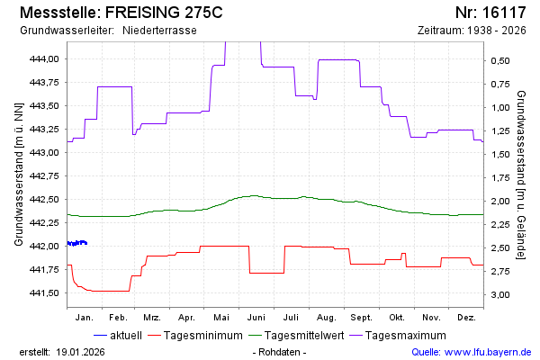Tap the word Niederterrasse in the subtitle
(x=159, y=31)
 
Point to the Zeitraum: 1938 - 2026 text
(x=472, y=31)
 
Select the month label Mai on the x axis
(x=221, y=318)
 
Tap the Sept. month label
(x=361, y=318)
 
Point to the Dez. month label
(x=466, y=318)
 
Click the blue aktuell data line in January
(x=77, y=242)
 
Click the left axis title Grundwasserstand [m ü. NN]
(x=19, y=175)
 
